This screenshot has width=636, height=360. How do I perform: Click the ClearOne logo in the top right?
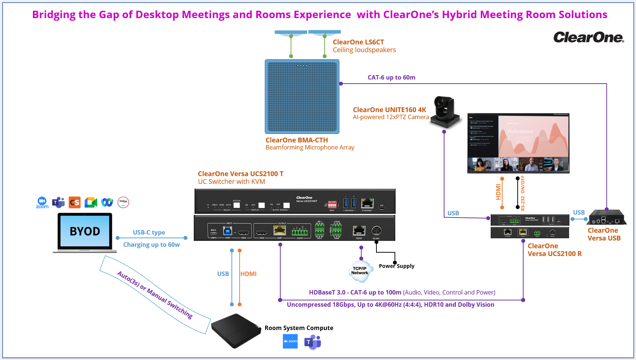click(x=588, y=37)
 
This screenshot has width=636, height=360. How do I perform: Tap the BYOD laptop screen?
click(x=85, y=231)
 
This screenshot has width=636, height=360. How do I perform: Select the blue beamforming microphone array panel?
click(x=302, y=97)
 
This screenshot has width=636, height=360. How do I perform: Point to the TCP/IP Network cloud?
click(x=360, y=271)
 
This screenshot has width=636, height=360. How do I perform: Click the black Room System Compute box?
click(x=236, y=330)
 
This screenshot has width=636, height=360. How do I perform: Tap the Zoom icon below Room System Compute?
click(x=290, y=341)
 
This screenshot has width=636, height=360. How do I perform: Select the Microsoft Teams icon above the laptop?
click(x=58, y=202)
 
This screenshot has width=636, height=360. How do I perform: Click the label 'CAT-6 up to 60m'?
click(x=391, y=77)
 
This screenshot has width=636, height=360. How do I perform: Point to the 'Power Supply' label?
click(x=396, y=266)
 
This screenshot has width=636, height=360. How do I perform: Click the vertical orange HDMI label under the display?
click(x=498, y=192)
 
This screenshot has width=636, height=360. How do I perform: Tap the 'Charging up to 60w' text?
click(x=151, y=245)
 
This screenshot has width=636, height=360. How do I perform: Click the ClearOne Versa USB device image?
click(x=606, y=218)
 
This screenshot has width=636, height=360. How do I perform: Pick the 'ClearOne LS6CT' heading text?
click(x=358, y=42)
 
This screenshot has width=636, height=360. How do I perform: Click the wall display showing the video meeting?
click(x=518, y=143)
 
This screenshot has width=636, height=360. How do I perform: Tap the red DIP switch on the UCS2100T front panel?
click(x=332, y=205)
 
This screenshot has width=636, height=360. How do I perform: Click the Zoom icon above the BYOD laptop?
click(x=42, y=202)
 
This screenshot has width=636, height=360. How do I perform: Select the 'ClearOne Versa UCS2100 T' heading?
click(x=240, y=174)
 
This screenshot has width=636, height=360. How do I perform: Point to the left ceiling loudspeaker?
click(x=291, y=33)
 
